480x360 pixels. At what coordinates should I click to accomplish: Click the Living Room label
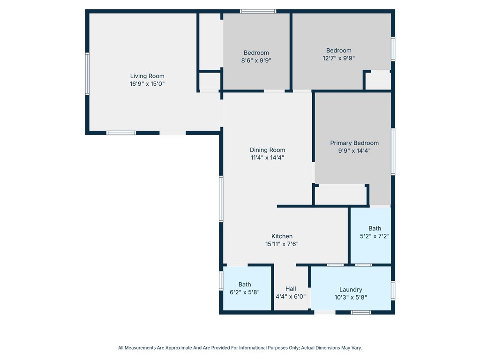147,76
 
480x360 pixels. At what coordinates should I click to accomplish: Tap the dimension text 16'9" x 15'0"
147,83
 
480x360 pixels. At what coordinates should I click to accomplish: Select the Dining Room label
268,150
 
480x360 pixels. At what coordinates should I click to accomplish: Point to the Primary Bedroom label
354,143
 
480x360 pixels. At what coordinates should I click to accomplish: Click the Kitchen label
282,236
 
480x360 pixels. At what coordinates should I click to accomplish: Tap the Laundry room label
351,290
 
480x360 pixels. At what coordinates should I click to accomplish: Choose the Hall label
291,289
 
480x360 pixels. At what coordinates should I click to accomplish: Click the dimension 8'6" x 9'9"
256,60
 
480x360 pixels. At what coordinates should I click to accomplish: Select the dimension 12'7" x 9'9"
338,58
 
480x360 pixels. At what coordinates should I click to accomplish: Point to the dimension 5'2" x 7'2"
375,236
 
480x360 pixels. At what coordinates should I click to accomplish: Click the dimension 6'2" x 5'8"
245,292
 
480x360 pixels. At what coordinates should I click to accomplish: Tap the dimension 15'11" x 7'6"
282,244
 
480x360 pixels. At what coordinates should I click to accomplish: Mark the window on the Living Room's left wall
87,74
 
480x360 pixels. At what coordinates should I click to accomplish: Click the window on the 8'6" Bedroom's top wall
258,11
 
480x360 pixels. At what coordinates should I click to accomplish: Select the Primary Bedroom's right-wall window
393,152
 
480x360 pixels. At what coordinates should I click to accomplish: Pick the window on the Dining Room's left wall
221,199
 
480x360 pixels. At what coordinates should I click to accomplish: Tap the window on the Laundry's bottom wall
360,312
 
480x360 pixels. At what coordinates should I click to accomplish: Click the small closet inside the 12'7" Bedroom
378,81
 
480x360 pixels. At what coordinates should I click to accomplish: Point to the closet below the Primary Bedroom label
340,195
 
